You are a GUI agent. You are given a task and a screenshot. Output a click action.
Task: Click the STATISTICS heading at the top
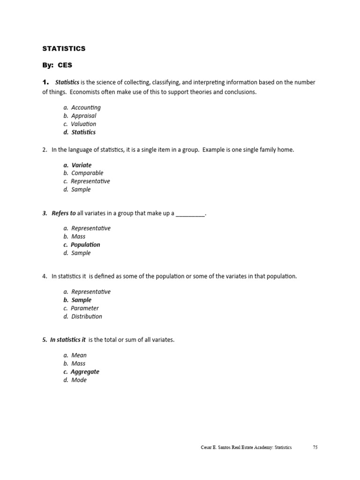[64, 48]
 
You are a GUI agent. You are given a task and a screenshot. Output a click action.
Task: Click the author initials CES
[65, 65]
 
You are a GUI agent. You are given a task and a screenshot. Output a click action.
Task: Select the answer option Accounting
[86, 107]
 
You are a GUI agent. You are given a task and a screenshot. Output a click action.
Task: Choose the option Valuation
[83, 124]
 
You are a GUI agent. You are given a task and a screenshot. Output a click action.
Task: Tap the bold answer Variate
[82, 165]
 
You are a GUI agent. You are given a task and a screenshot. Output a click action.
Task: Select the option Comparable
[87, 173]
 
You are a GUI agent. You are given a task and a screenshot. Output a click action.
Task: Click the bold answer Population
[85, 245]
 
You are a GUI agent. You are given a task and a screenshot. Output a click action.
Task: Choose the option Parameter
[85, 308]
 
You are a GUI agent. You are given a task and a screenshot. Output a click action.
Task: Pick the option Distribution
[87, 316]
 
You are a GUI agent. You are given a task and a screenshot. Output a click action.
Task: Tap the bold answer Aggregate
[85, 372]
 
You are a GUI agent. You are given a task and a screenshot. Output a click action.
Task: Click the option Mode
[79, 380]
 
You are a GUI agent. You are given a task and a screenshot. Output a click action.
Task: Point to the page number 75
[315, 448]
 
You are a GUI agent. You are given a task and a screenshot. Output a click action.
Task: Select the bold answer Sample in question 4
[82, 300]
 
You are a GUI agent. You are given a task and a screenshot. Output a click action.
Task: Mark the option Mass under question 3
[78, 237]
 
